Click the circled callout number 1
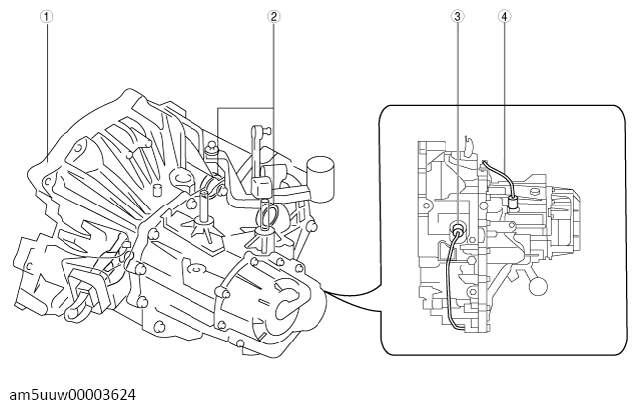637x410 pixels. tap(47, 16)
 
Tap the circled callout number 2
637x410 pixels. tap(274, 16)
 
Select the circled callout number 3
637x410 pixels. tap(457, 16)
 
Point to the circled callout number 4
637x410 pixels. tap(505, 16)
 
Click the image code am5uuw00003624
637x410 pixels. tap(72, 394)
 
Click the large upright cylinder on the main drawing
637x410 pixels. tap(320, 179)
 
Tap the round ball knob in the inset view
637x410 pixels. tap(538, 285)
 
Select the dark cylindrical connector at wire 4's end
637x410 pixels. tap(513, 202)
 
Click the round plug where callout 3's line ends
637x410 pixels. tap(458, 228)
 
